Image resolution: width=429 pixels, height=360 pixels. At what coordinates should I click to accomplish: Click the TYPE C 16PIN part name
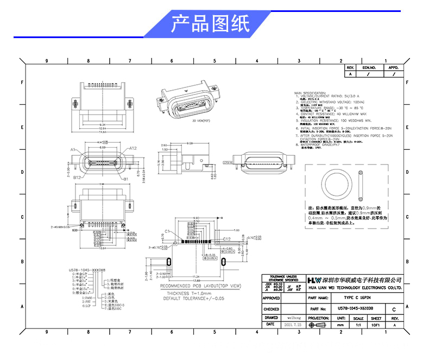point(356,298)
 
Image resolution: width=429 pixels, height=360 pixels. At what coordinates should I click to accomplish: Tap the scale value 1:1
point(357,324)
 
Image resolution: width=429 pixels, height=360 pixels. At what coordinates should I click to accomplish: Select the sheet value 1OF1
point(375,324)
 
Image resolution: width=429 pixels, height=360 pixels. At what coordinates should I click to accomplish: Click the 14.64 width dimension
point(102,131)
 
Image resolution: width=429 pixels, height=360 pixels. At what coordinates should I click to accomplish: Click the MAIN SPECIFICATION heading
point(310,93)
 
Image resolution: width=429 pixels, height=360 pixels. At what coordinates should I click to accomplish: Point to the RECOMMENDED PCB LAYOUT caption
point(201,286)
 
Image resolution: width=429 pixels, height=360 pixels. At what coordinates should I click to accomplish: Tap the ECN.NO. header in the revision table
point(369,68)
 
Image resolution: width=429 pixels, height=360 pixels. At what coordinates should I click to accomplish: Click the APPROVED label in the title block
point(272,298)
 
